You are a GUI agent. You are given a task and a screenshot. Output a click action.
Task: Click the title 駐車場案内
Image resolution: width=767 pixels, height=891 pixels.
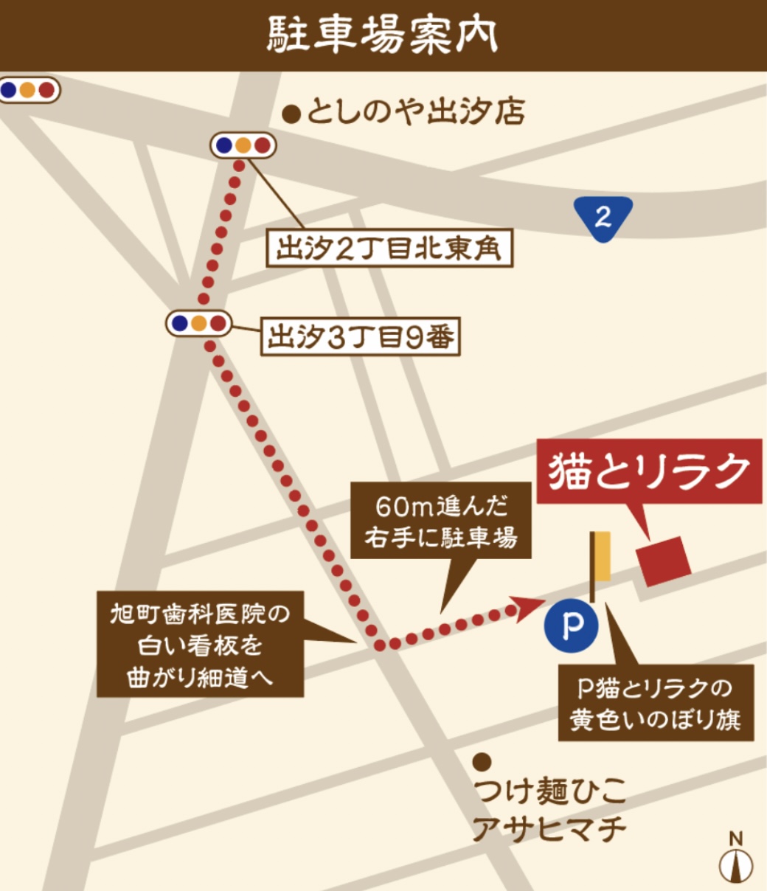(x=382, y=35)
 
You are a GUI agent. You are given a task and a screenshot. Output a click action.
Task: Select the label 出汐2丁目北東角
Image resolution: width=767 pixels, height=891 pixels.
(x=389, y=249)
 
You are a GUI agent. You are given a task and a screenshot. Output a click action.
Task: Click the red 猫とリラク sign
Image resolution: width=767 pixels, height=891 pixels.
(x=649, y=472)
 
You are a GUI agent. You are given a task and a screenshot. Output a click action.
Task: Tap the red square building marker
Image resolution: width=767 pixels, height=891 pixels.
(x=664, y=561)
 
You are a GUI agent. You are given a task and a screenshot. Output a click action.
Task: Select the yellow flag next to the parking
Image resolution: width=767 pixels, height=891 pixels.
(x=603, y=557)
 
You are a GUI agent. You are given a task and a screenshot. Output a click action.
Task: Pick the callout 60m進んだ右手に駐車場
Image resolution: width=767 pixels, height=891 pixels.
(x=441, y=523)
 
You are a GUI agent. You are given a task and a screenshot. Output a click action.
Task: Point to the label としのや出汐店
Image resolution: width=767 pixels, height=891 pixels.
(x=415, y=113)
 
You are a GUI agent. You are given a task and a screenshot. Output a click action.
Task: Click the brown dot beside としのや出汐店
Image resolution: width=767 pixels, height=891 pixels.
(x=293, y=114)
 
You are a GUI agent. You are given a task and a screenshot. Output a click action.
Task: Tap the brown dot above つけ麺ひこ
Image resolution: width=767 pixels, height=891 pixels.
(x=482, y=760)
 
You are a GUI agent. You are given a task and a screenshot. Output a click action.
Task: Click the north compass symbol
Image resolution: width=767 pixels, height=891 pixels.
(x=735, y=860)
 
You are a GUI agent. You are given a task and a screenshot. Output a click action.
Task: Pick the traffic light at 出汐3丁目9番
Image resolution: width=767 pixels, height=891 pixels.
(x=198, y=323)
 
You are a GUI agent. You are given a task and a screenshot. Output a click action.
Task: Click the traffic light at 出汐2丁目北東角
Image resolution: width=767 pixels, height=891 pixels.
(x=243, y=145)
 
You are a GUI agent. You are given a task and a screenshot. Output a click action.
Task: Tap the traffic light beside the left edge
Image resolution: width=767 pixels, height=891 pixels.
(x=28, y=90)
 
